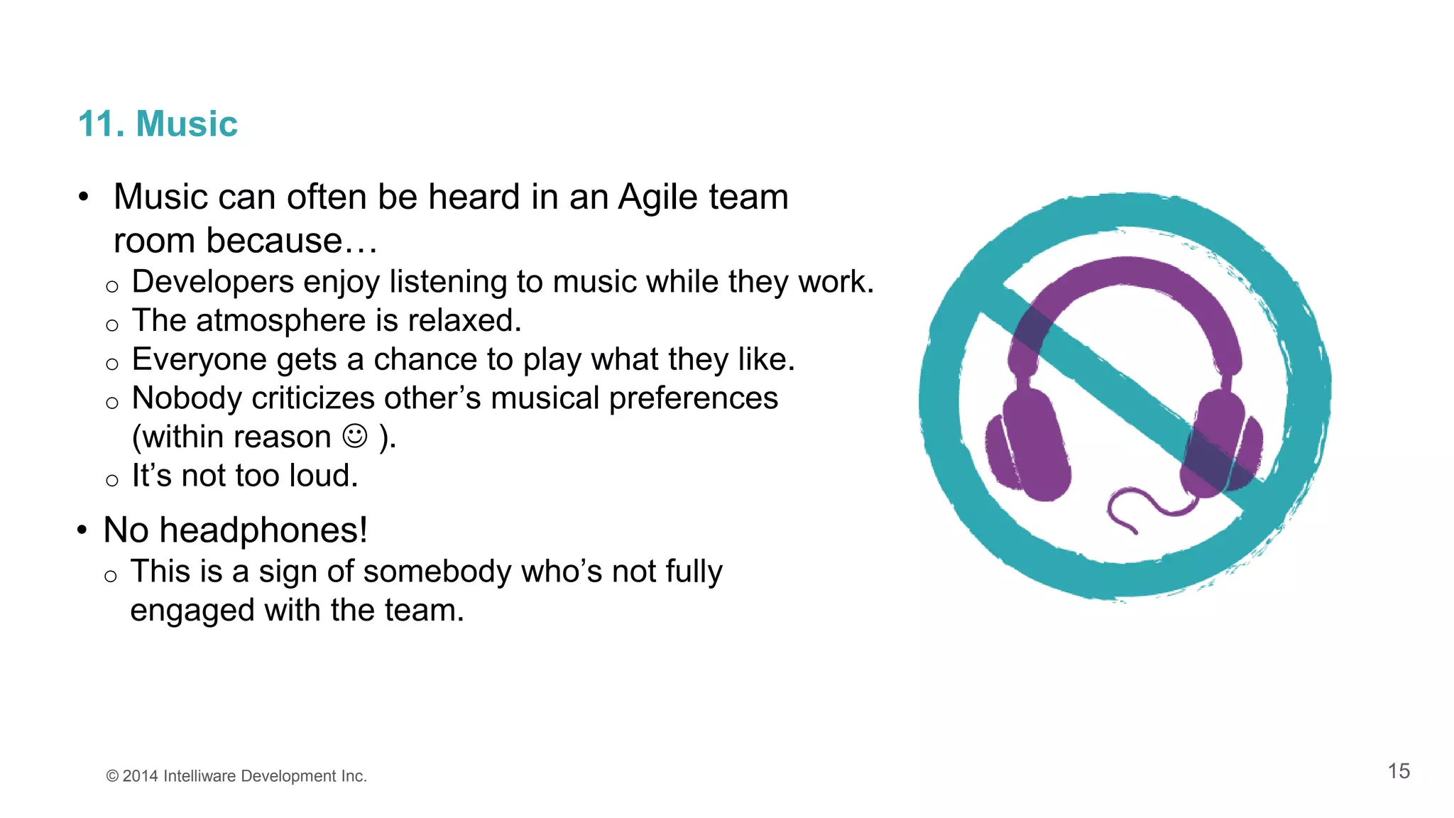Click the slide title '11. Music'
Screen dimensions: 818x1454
click(x=158, y=124)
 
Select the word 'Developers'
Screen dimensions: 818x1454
click(x=213, y=282)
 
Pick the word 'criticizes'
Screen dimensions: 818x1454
click(x=313, y=398)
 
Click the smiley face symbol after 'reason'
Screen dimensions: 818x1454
click(x=355, y=436)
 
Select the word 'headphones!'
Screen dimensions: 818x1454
click(x=263, y=530)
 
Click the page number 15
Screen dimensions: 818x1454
click(x=1399, y=771)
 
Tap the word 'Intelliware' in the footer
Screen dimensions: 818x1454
click(x=199, y=776)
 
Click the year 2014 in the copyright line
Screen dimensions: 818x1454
click(x=140, y=776)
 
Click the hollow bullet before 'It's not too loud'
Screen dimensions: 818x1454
click(x=111, y=481)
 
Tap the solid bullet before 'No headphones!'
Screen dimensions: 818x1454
click(x=82, y=530)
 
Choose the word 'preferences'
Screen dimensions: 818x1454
click(x=694, y=398)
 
